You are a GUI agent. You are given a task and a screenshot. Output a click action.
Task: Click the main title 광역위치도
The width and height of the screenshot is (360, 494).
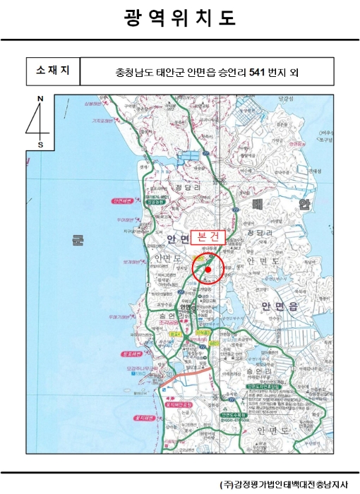[x=179, y=18]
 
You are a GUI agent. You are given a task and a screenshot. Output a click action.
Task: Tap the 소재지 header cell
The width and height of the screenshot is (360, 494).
[x=53, y=71]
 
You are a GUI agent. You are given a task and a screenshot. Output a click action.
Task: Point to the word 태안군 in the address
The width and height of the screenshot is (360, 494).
[x=163, y=71]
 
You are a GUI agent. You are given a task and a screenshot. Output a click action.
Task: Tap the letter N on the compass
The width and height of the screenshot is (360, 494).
[x=40, y=98]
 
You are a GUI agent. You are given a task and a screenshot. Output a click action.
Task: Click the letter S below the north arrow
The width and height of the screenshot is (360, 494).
[x=40, y=144]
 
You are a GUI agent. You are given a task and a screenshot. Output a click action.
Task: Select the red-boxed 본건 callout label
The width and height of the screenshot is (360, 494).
[x=209, y=238]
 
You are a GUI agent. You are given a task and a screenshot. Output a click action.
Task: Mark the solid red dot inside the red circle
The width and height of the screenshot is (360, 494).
[x=208, y=269]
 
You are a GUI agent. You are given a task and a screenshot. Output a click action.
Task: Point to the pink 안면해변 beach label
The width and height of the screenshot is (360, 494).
[x=123, y=200]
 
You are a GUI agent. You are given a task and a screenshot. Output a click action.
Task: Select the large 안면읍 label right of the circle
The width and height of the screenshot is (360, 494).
[x=280, y=306]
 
